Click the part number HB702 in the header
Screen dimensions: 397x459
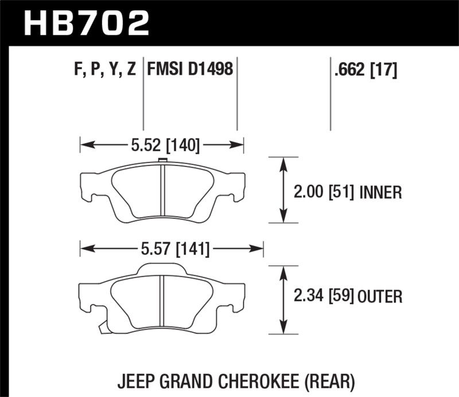point(85,23)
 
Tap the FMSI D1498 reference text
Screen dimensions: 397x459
point(190,71)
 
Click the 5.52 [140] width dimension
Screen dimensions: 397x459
point(165,145)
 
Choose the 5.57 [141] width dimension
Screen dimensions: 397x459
point(173,249)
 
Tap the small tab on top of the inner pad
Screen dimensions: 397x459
point(162,160)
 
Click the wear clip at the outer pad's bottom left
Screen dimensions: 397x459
point(103,328)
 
